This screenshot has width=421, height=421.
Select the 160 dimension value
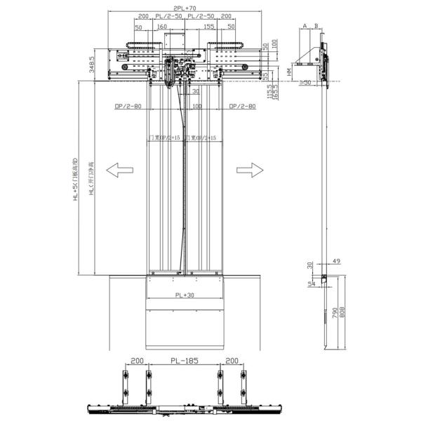pyautogui.click(x=162, y=27)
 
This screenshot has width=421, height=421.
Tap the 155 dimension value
pyautogui.click(x=208, y=27)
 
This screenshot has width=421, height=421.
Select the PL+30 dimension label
pyautogui.click(x=185, y=295)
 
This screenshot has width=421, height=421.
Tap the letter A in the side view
pyautogui.click(x=305, y=25)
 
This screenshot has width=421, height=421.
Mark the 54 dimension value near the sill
pyautogui.click(x=309, y=283)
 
